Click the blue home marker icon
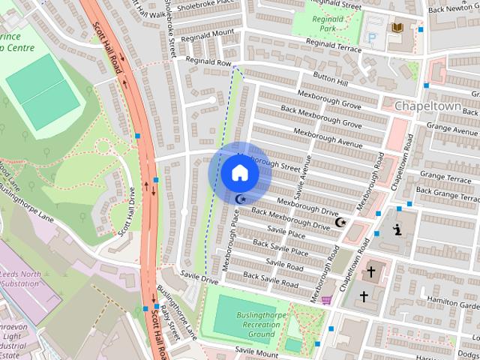click(x=239, y=172)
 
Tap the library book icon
click(x=397, y=28)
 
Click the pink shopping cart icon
click(x=326, y=300)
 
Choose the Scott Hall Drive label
click(x=125, y=212)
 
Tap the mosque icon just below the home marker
click(x=240, y=199)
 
